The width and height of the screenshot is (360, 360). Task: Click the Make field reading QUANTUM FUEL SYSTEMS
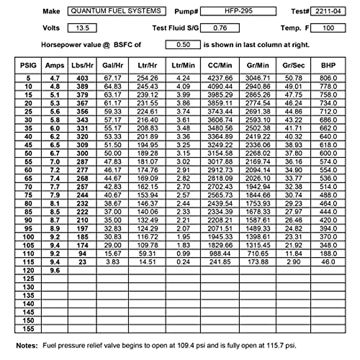point(116,11)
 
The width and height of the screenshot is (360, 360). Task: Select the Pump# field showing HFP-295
point(238,11)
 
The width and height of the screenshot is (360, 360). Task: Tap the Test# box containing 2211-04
point(328,11)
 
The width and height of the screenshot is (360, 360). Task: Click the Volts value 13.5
point(82,28)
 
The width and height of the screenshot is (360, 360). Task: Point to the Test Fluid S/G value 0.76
point(220,28)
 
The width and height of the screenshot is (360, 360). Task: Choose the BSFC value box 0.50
point(183,45)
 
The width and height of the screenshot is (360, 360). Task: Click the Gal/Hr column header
point(112,65)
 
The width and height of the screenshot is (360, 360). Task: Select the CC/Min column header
point(220,65)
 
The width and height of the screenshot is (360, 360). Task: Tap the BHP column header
point(328,65)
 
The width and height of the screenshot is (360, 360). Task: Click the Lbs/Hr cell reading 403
point(82,78)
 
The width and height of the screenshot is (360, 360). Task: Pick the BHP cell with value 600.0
point(328,153)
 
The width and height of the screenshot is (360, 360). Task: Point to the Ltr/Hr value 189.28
point(147,153)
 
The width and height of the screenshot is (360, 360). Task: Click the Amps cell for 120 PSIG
point(55,271)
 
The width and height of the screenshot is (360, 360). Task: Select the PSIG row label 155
point(28,329)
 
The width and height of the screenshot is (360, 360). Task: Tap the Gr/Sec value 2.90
point(293,262)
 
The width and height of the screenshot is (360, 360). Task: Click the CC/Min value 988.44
point(220,254)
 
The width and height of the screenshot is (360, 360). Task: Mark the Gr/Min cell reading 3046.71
point(258,78)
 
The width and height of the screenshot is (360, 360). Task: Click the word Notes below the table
point(27,346)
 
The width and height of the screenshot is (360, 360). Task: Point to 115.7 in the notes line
point(274,346)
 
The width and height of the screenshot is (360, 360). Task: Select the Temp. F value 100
point(328,28)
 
